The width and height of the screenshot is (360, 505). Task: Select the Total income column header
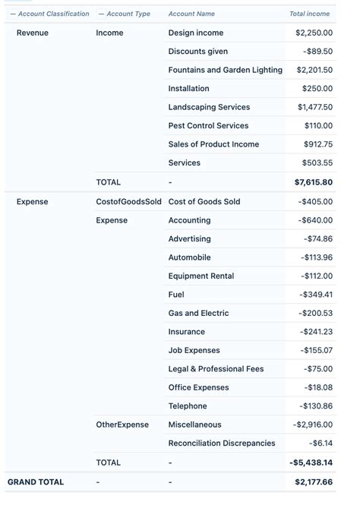tap(309, 14)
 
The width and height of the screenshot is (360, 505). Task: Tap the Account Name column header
tap(191, 14)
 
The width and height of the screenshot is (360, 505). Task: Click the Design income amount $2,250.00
tap(314, 33)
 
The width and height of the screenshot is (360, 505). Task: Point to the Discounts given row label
tap(197, 52)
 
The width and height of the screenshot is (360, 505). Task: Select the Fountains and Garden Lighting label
tap(225, 70)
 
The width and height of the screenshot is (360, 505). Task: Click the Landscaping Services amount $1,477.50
tap(314, 107)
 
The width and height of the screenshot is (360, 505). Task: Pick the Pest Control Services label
tap(208, 126)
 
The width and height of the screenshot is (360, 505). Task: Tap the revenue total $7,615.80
tap(313, 182)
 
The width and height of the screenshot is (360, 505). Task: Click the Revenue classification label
tap(32, 33)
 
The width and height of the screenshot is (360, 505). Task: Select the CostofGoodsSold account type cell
tap(128, 201)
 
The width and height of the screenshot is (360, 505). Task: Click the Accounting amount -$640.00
tap(315, 220)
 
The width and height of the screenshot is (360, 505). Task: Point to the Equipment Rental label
tap(201, 276)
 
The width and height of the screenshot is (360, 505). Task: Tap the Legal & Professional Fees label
tap(216, 369)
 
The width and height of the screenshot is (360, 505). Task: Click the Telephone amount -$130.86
tap(316, 406)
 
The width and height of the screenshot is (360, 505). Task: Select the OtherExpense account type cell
tap(122, 425)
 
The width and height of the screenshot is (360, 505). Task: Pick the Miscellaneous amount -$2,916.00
tap(312, 425)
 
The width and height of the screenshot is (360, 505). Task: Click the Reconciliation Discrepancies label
tap(222, 443)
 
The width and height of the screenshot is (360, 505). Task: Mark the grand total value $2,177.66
tap(313, 481)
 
